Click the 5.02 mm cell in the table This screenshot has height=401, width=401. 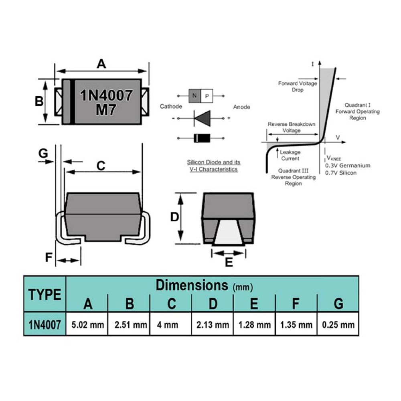pos(87,325)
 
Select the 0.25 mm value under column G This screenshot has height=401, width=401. pos(338,325)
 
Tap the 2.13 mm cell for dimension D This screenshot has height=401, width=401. pos(213,325)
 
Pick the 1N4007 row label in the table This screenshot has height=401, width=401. pos(45,325)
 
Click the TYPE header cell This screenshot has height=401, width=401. pos(45,294)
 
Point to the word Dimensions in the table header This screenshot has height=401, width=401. pos(192,285)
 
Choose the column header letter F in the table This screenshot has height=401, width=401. pos(296,304)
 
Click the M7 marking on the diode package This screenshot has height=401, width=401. pos(106,110)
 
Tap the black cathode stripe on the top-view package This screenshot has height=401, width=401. pos(72,102)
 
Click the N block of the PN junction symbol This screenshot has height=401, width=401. pos(194,96)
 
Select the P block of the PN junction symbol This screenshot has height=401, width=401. pos(207,96)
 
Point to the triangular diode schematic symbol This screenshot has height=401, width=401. pos(202,118)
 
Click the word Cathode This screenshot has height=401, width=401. pos(171,106)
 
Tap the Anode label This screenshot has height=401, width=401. pos(241,107)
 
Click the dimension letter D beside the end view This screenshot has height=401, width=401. pos(175,217)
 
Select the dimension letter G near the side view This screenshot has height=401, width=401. pos(43,154)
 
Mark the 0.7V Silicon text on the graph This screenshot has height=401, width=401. pos(340,173)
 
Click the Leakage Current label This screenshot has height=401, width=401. pos(290,155)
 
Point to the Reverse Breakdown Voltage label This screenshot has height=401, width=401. pos(291,127)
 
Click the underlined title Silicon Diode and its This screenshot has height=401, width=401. pos(214,162)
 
